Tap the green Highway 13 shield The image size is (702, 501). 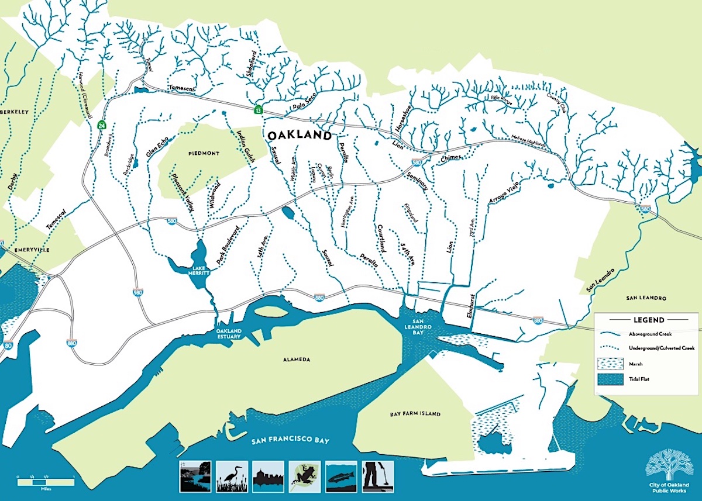(257, 109)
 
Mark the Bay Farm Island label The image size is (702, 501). (415, 414)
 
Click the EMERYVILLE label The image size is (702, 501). (25, 250)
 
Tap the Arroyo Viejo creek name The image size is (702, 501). (504, 192)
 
